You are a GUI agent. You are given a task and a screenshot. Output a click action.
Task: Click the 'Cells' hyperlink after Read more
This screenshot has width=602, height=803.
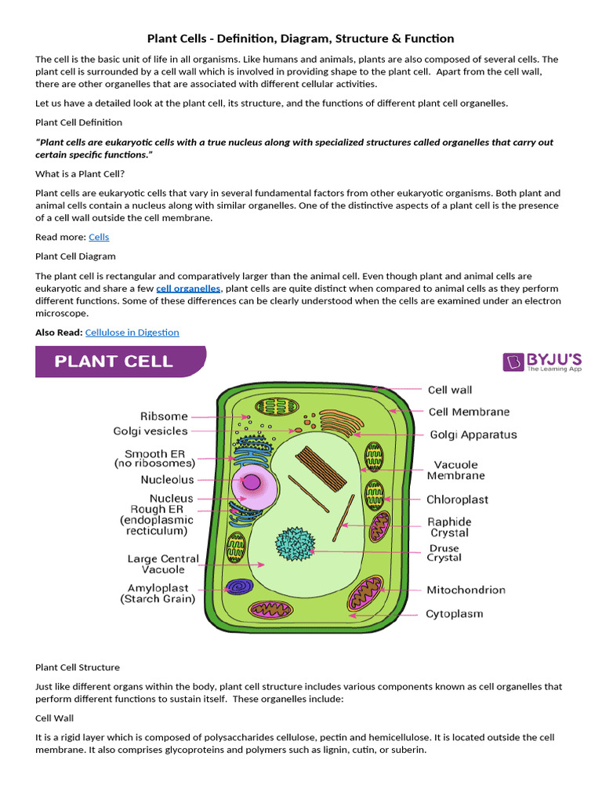[99, 237]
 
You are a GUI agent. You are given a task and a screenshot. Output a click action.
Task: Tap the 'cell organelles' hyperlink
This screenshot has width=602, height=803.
[188, 289]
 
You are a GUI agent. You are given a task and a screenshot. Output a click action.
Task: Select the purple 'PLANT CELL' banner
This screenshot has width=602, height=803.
[121, 362]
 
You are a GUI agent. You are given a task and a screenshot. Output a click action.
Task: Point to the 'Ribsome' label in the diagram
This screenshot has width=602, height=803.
[164, 416]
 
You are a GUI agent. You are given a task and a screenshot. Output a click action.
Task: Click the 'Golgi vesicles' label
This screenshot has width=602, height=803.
[150, 431]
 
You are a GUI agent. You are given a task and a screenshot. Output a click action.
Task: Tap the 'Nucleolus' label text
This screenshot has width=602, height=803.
[167, 480]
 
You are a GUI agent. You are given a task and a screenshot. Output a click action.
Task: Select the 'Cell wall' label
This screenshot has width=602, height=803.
[450, 390]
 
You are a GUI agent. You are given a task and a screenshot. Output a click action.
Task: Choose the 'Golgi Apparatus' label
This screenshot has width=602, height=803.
[473, 434]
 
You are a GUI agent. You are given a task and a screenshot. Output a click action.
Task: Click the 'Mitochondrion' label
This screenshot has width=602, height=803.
[466, 590]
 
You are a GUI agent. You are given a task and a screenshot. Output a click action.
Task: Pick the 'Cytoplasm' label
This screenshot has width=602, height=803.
[455, 614]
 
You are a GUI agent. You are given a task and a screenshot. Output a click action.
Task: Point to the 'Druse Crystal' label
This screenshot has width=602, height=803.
[444, 553]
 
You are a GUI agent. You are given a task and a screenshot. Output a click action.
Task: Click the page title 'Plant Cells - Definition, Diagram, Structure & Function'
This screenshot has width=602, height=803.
[301, 38]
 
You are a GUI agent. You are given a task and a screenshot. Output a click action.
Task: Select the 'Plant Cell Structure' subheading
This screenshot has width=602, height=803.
[78, 667]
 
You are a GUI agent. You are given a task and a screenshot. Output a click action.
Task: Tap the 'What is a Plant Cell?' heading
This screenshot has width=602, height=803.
[80, 173]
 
